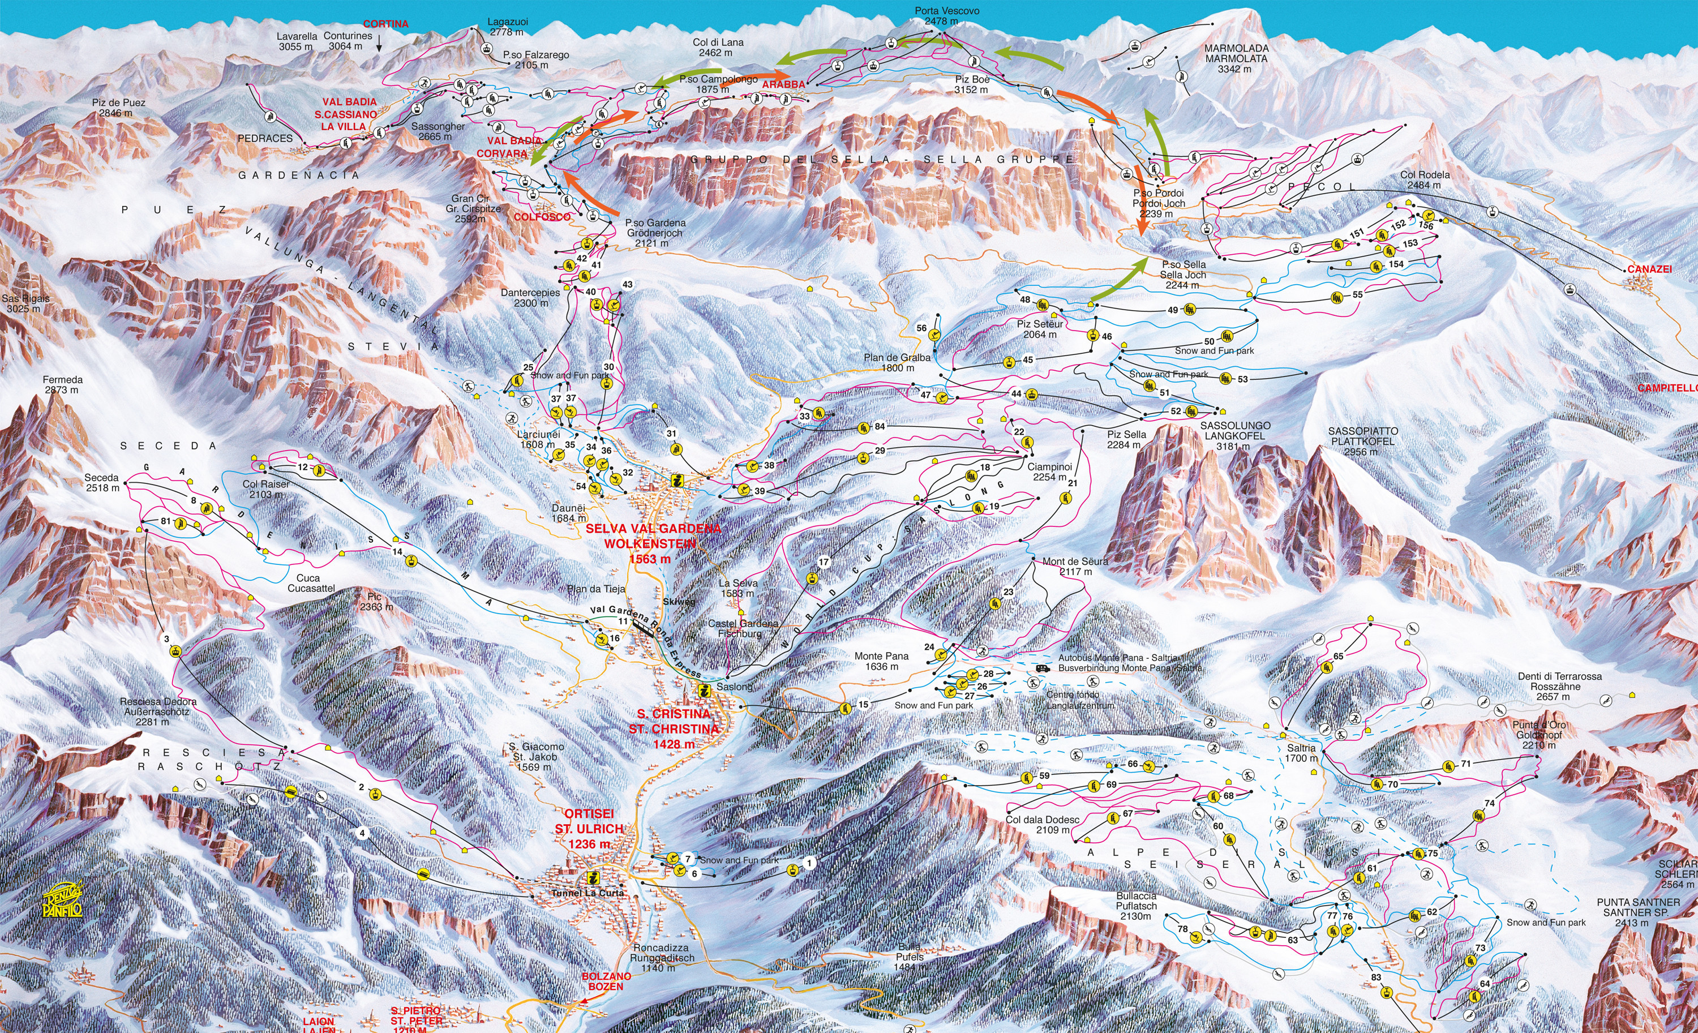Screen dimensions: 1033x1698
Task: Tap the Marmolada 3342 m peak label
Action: (x=1236, y=58)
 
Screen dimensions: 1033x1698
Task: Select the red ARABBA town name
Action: (x=783, y=84)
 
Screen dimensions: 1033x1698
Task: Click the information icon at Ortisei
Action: (x=593, y=877)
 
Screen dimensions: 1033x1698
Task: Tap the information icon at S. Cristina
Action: (x=704, y=691)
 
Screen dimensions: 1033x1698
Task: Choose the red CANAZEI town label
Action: (x=1649, y=269)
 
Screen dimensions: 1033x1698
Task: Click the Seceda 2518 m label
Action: (x=101, y=482)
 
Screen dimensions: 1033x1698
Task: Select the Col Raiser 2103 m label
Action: (x=265, y=489)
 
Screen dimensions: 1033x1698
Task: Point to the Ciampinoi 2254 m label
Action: (x=1049, y=472)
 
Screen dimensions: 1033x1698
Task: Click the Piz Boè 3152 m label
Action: (x=972, y=85)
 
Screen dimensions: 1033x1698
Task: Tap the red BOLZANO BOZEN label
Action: (x=606, y=981)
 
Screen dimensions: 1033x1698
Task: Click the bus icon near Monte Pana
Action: (x=1043, y=668)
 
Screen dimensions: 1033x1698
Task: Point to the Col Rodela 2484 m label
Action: (x=1425, y=180)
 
